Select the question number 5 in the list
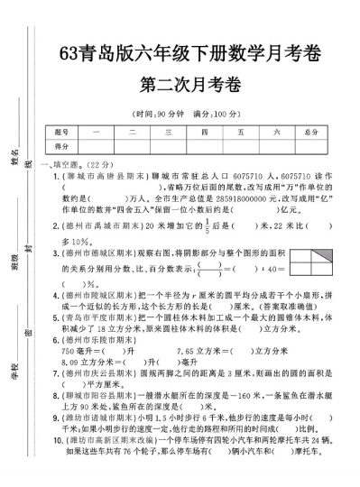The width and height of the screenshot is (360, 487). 57,317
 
